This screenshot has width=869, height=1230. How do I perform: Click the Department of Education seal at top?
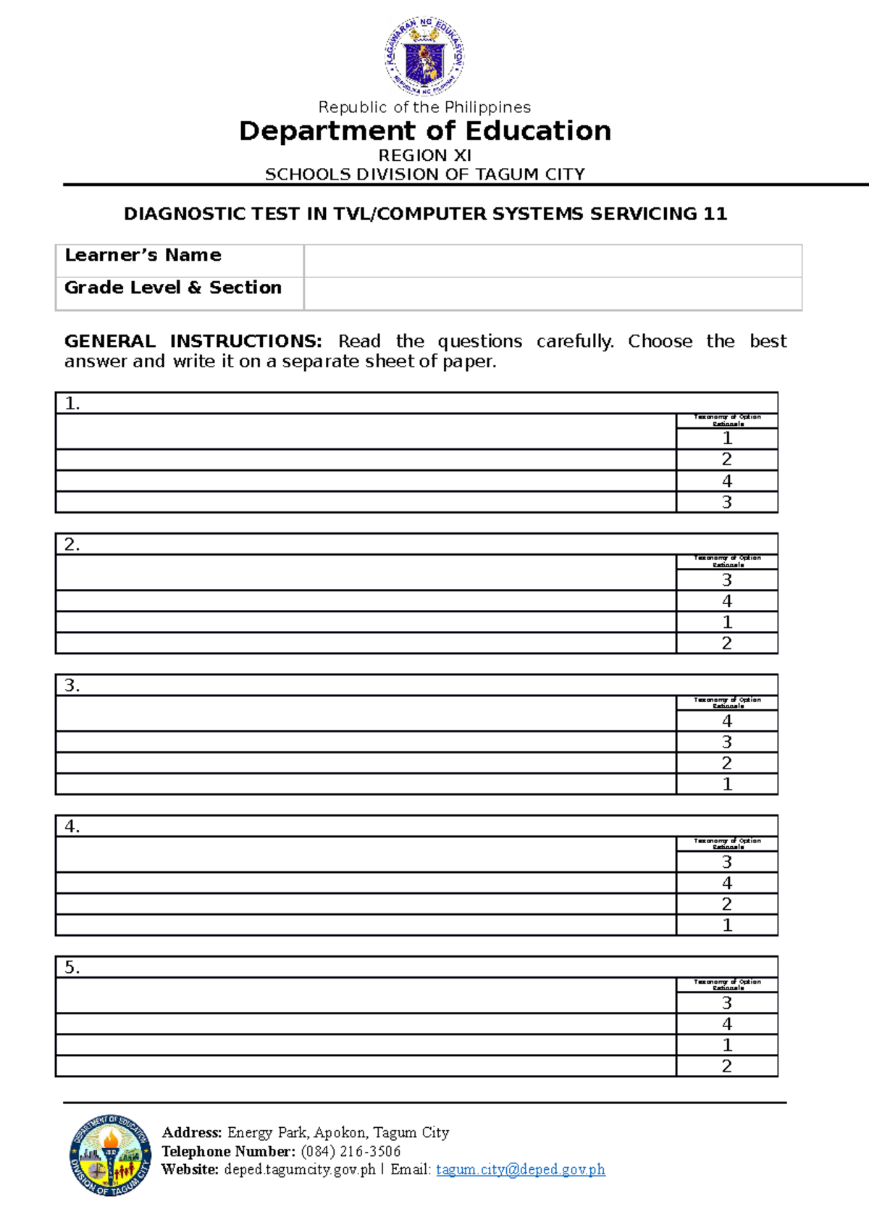pyautogui.click(x=424, y=57)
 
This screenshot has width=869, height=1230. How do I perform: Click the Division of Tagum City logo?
pyautogui.click(x=110, y=1155)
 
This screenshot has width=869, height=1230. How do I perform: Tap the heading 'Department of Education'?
pyautogui.click(x=425, y=131)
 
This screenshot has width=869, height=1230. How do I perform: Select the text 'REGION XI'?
pyautogui.click(x=425, y=155)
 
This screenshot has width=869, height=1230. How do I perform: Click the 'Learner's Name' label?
pyautogui.click(x=143, y=255)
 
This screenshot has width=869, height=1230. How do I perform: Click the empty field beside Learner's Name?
pyautogui.click(x=553, y=261)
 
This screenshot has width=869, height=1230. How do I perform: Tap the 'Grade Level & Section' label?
pyautogui.click(x=172, y=288)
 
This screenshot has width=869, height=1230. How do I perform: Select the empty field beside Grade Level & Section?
pyautogui.click(x=553, y=293)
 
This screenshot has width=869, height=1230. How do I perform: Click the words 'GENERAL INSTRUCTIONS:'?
pyautogui.click(x=193, y=341)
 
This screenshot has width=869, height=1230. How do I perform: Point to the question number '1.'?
pyautogui.click(x=72, y=403)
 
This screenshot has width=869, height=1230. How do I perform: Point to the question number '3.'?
pyautogui.click(x=72, y=685)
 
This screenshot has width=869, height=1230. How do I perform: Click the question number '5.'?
pyautogui.click(x=72, y=967)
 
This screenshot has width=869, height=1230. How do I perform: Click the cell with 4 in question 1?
pyautogui.click(x=727, y=481)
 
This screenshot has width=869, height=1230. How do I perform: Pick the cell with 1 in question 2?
pyautogui.click(x=727, y=622)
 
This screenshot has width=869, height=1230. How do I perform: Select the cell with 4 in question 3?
pyautogui.click(x=727, y=721)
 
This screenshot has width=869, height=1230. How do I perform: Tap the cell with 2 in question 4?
pyautogui.click(x=727, y=903)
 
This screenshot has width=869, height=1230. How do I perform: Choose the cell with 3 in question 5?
pyautogui.click(x=727, y=1003)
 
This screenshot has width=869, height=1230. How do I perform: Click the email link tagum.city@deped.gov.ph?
pyautogui.click(x=520, y=1169)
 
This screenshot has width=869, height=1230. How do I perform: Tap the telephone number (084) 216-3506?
pyautogui.click(x=350, y=1151)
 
